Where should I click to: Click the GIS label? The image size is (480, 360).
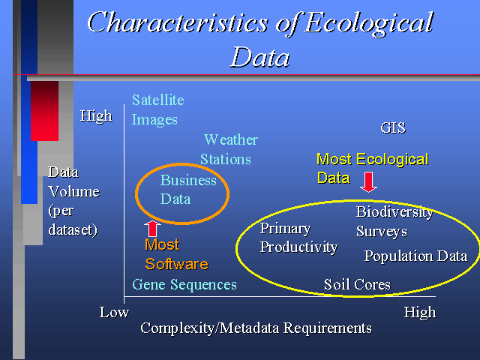(x=393, y=127)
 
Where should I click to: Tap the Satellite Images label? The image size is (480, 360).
(x=158, y=110)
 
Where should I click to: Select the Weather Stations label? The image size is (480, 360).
(x=229, y=150)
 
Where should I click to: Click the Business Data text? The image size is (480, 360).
(x=188, y=190)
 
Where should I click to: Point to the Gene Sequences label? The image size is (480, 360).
(x=184, y=285)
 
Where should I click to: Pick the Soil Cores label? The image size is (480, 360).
(x=357, y=285)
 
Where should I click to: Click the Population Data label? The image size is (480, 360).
(x=415, y=256)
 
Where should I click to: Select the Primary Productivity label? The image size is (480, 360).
(x=298, y=238)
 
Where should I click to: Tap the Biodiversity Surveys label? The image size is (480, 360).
(x=394, y=221)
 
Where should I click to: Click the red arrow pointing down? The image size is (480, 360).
(x=368, y=182)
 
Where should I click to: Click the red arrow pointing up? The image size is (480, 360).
(x=152, y=228)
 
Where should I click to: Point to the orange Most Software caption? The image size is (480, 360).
(x=176, y=254)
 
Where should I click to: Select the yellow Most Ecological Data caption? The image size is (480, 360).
(x=372, y=168)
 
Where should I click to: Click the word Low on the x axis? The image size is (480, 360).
(x=114, y=313)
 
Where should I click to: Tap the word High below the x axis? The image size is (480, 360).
(x=420, y=313)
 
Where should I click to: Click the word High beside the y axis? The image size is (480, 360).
(x=96, y=116)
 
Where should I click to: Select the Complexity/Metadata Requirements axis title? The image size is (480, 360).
(x=256, y=328)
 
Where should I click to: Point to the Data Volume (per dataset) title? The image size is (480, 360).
(x=73, y=201)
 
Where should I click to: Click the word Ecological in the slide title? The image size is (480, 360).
(x=369, y=23)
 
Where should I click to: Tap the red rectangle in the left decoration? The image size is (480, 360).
(x=45, y=111)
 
